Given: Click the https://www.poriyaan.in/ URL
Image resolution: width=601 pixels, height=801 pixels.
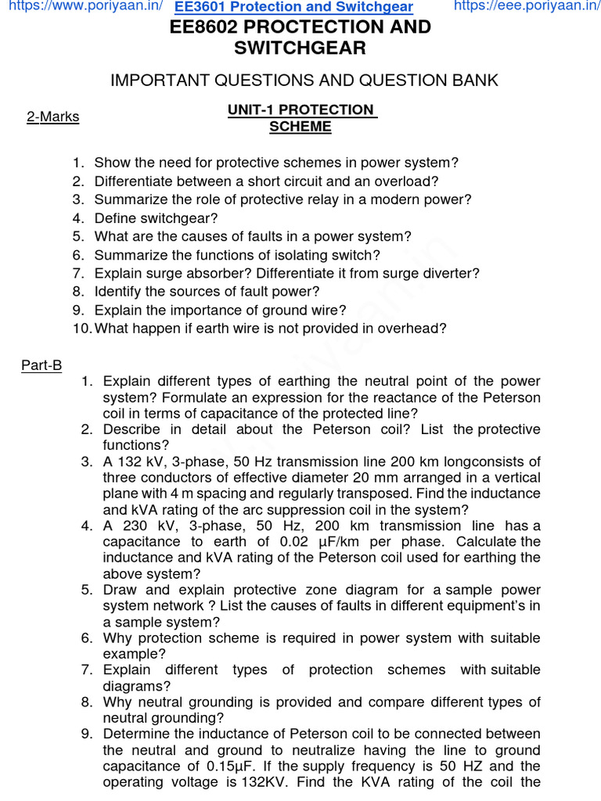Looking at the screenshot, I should pyautogui.click(x=81, y=7).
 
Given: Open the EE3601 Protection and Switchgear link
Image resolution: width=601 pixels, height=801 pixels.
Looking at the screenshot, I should pyautogui.click(x=293, y=8).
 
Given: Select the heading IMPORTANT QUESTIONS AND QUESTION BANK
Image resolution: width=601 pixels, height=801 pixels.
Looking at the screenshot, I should pyautogui.click(x=304, y=81).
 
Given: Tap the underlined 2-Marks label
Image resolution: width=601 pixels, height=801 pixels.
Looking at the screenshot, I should pyautogui.click(x=52, y=117).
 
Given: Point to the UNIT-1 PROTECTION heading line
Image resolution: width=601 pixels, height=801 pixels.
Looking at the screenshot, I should pyautogui.click(x=300, y=110).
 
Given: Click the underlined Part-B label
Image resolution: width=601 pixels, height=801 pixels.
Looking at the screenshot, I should pyautogui.click(x=41, y=365).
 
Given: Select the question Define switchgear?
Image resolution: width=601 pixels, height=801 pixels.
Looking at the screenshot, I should pyautogui.click(x=156, y=218).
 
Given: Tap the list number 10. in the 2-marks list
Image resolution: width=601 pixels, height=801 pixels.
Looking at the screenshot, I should pyautogui.click(x=82, y=329).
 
